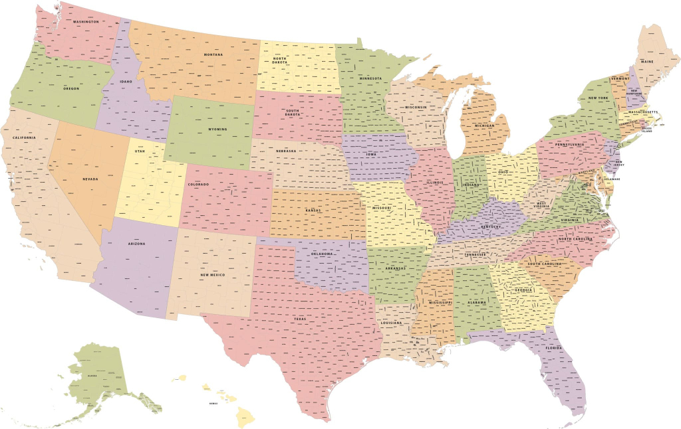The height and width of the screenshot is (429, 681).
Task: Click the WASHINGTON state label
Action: click(x=86, y=22)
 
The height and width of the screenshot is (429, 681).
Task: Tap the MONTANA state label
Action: click(x=213, y=54)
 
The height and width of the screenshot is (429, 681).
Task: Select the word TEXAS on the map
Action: click(x=301, y=319)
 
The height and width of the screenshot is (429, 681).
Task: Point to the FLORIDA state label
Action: click(x=553, y=348)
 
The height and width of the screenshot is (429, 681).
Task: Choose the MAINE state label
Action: click(x=647, y=61)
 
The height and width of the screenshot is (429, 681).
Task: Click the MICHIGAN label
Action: click(x=484, y=126)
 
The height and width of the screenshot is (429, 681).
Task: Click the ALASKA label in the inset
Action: click(x=92, y=375)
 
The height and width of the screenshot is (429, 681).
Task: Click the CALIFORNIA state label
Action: click(x=24, y=138)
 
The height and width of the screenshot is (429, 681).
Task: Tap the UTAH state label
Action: click(x=140, y=151)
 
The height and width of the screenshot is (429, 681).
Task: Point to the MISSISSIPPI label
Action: click(x=440, y=302)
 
